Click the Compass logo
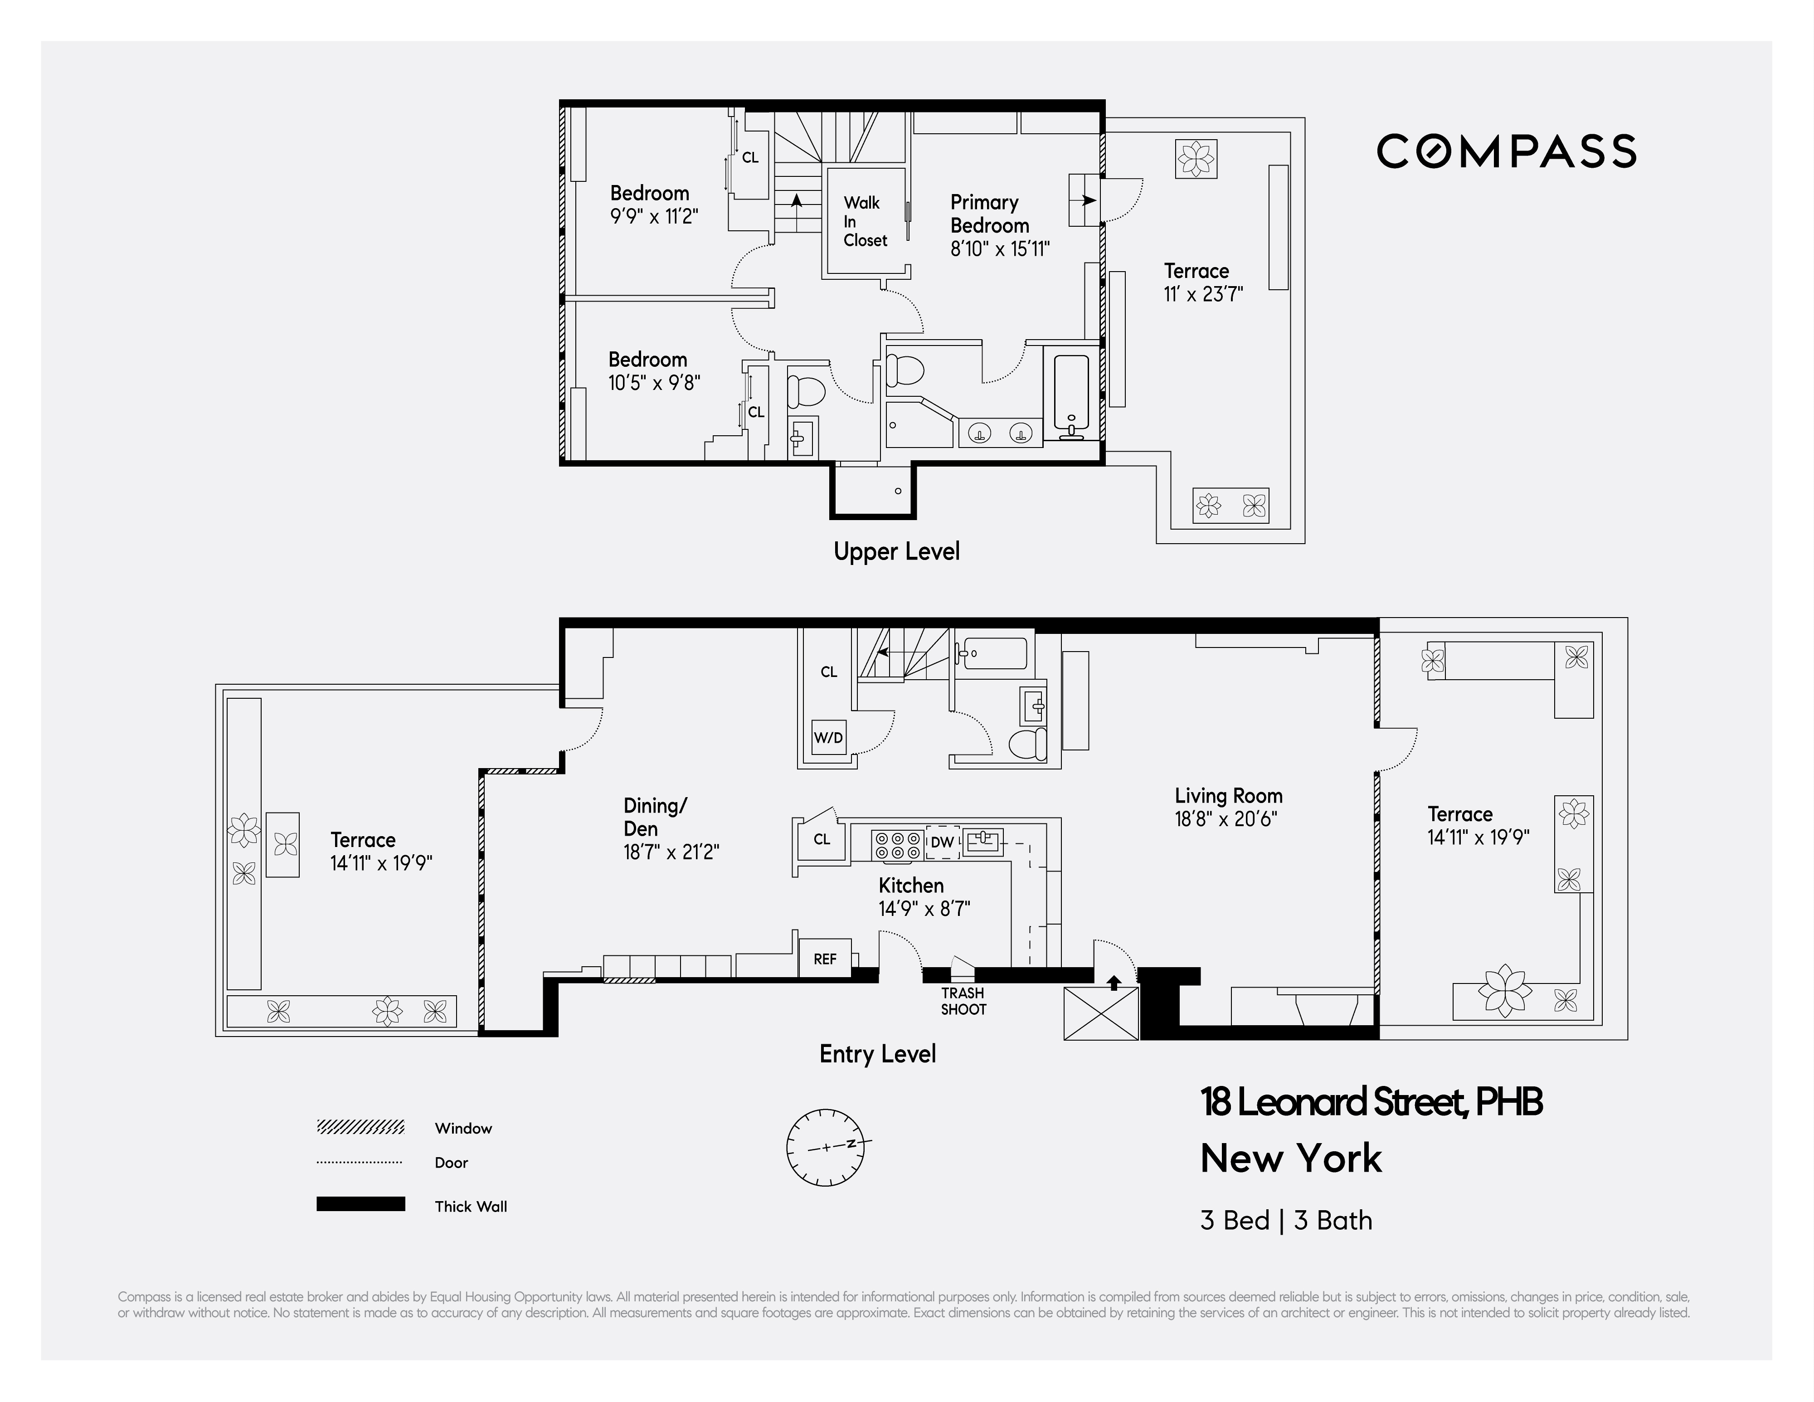(x=1506, y=151)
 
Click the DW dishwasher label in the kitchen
(x=942, y=842)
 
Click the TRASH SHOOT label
(x=963, y=1001)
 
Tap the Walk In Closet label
(x=865, y=221)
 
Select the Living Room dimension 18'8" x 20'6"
(x=1225, y=819)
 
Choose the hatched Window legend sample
(x=360, y=1127)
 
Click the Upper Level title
(x=896, y=551)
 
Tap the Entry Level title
(x=877, y=1054)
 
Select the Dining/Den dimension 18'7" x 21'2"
(x=671, y=852)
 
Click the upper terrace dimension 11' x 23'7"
(x=1203, y=294)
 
